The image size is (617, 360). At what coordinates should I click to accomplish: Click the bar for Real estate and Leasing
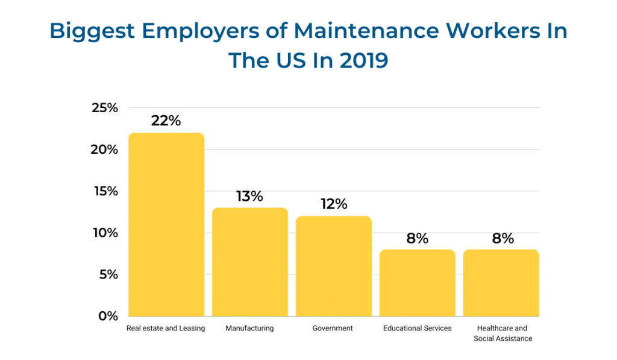click(166, 224)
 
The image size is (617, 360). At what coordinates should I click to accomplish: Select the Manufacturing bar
click(249, 262)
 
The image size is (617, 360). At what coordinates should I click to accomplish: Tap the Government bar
click(333, 266)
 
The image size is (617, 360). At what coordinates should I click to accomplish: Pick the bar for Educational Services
click(417, 283)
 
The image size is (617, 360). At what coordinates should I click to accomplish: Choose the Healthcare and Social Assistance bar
click(501, 283)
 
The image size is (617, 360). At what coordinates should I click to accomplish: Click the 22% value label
click(166, 121)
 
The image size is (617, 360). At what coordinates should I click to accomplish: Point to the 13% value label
click(249, 196)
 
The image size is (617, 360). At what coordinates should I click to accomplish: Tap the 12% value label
click(333, 204)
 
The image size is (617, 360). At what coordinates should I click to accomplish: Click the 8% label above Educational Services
click(417, 238)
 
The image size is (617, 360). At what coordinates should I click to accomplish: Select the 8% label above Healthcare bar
click(501, 238)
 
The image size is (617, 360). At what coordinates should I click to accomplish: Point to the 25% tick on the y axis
click(104, 108)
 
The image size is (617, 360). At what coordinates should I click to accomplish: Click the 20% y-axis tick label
click(104, 150)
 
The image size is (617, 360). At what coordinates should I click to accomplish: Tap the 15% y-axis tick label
click(104, 191)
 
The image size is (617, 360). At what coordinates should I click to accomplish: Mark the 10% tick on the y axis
click(104, 233)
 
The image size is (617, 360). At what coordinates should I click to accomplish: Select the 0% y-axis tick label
click(108, 316)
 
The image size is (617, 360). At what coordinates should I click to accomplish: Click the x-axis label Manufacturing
click(249, 329)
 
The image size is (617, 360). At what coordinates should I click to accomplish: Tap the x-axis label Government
click(333, 329)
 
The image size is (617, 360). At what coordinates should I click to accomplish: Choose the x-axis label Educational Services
click(417, 329)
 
